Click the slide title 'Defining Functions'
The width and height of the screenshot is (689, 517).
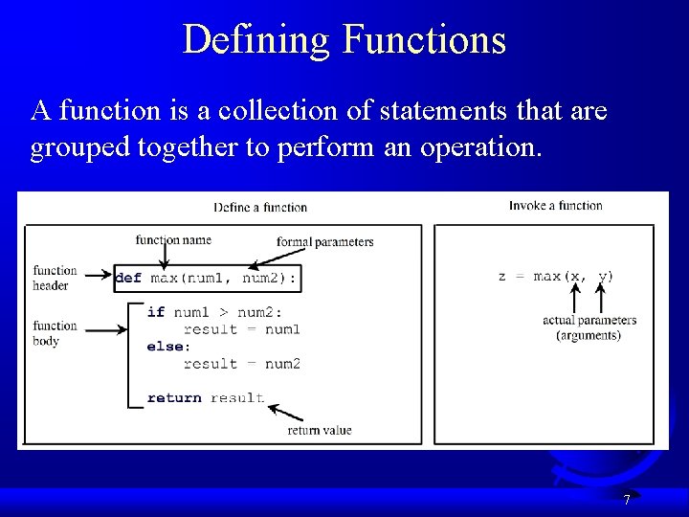tap(344, 40)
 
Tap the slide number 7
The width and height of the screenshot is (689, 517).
tap(626, 500)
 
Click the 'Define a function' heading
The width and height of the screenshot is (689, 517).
tap(260, 207)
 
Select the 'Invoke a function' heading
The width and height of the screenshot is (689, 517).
tap(555, 206)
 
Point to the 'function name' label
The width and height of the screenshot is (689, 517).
tap(173, 239)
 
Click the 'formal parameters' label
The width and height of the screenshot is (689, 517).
tap(324, 241)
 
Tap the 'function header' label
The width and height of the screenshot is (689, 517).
tap(55, 279)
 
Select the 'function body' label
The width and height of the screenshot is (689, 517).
tap(55, 333)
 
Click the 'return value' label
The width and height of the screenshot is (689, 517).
tap(320, 431)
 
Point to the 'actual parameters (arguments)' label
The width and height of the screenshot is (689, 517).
tap(589, 327)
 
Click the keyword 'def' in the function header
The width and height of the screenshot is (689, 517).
tap(128, 279)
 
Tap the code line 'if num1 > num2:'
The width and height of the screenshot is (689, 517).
tap(214, 312)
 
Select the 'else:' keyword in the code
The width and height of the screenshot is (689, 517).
tap(168, 347)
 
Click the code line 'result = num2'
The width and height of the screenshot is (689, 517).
tap(241, 364)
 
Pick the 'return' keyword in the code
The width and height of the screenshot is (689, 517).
tap(174, 398)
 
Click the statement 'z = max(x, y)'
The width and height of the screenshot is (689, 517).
tap(556, 277)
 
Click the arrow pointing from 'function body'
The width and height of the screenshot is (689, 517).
tap(109, 330)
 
